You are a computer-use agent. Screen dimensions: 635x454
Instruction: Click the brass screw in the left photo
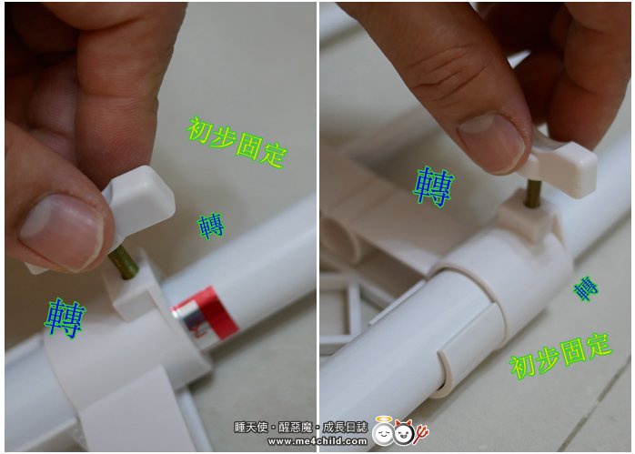[124, 263]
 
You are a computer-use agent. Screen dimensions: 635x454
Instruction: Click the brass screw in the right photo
[533, 194]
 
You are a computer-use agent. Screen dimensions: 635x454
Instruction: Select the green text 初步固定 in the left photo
[237, 143]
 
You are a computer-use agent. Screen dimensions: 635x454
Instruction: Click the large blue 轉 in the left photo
[66, 318]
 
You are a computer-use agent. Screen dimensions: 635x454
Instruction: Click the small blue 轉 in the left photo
[210, 226]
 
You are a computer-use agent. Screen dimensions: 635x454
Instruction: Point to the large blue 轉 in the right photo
[433, 187]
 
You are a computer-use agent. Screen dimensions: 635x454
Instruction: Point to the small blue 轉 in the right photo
[586, 288]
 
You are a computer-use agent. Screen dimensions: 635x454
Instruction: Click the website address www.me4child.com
[317, 441]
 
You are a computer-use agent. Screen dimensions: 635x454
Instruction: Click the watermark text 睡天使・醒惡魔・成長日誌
[301, 428]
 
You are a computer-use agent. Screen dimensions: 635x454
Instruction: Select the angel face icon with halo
[383, 431]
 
